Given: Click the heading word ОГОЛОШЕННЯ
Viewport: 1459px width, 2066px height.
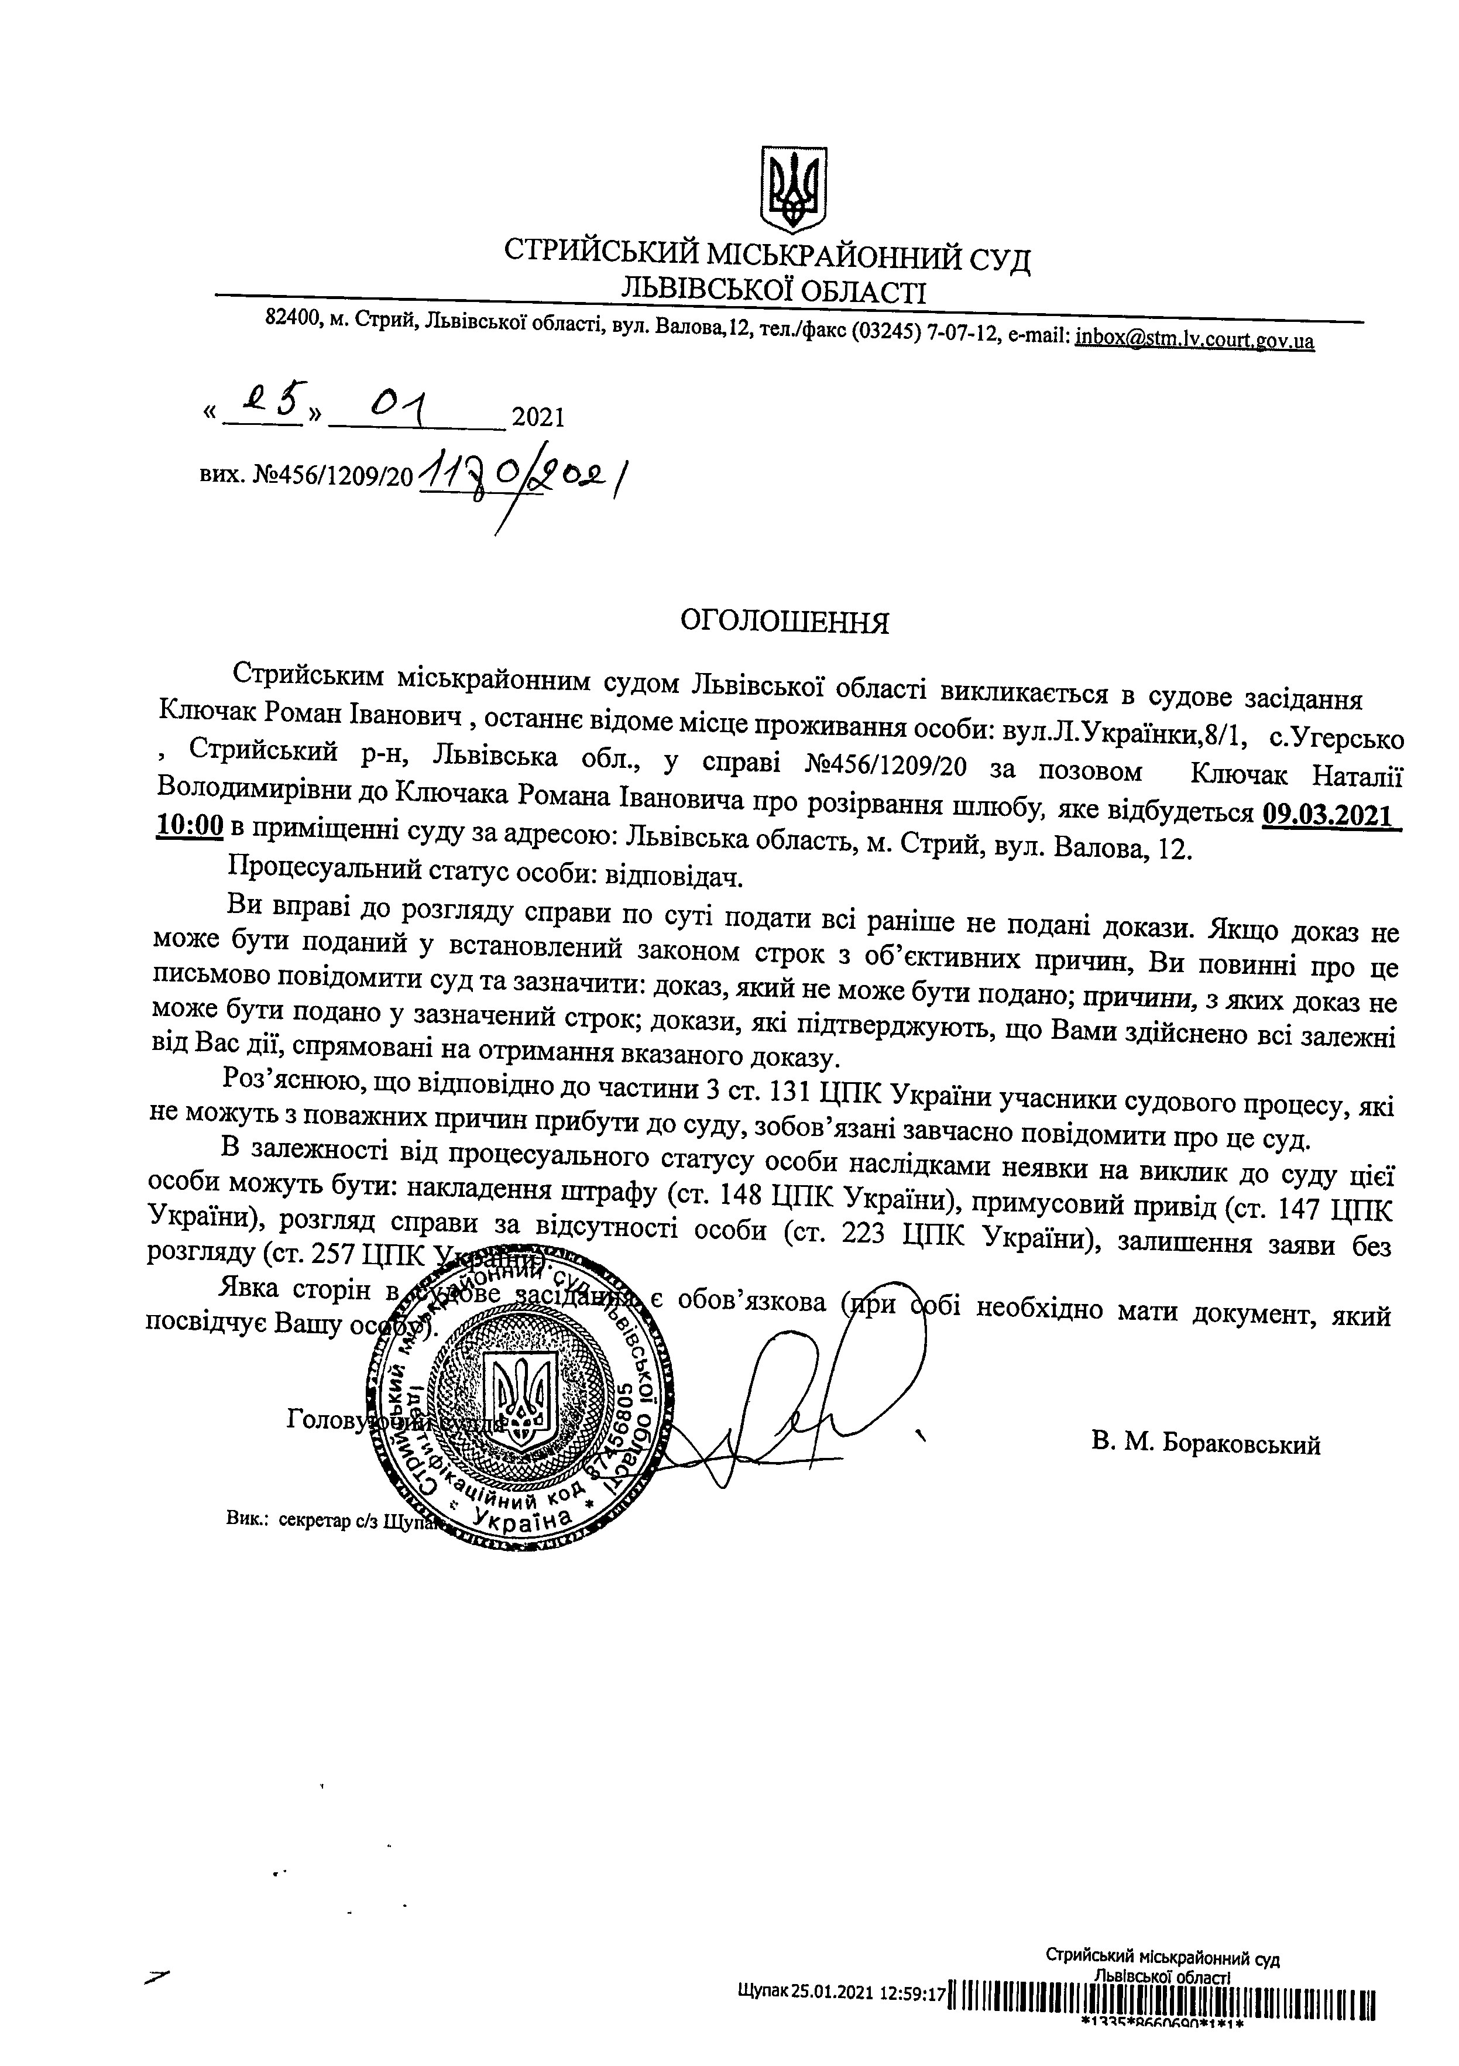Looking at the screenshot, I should pyautogui.click(x=784, y=623).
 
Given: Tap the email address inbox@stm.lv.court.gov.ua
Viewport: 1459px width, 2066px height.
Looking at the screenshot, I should pyautogui.click(x=1194, y=339).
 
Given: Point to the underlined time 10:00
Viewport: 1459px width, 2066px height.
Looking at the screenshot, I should pyautogui.click(x=189, y=825).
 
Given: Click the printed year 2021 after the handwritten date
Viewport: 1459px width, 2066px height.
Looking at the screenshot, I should pyautogui.click(x=537, y=417).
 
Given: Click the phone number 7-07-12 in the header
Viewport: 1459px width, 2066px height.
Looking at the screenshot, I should pyautogui.click(x=964, y=334).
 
